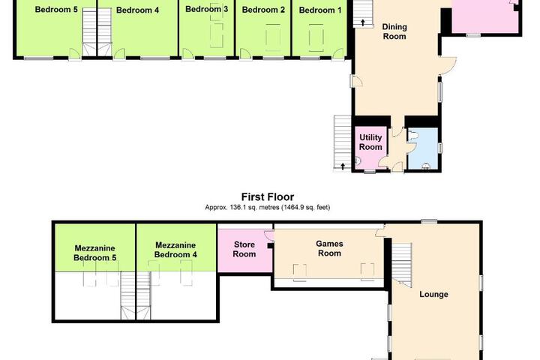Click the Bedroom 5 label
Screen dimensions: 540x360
56,9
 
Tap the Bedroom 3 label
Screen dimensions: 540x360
207,9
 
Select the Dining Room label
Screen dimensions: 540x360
394,31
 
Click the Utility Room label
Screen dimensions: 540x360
370,142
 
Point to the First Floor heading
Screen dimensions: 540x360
268,197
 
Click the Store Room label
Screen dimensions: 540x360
244,249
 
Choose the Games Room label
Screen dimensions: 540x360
329,248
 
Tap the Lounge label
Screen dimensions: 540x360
433,294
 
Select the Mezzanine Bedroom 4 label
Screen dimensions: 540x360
175,250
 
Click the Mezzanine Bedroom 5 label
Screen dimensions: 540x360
95,253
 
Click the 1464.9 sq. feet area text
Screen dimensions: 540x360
306,208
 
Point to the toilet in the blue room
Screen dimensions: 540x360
412,136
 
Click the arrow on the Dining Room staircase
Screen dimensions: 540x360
363,22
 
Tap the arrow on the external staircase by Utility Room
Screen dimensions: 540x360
343,166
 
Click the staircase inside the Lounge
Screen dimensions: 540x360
402,265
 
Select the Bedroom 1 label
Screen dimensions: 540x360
320,10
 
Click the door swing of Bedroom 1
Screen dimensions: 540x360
338,54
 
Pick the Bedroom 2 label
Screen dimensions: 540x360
263,10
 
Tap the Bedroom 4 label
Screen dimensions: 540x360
137,10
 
